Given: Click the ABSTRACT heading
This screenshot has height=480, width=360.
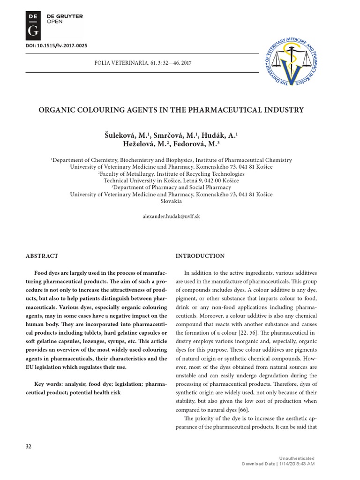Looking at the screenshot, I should pos(42,256).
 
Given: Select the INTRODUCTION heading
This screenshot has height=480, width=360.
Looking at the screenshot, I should pos(200,256).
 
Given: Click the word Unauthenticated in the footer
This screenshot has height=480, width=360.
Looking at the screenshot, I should pos(297,458).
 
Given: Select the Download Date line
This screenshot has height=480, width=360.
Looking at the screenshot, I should pos(278,464).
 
